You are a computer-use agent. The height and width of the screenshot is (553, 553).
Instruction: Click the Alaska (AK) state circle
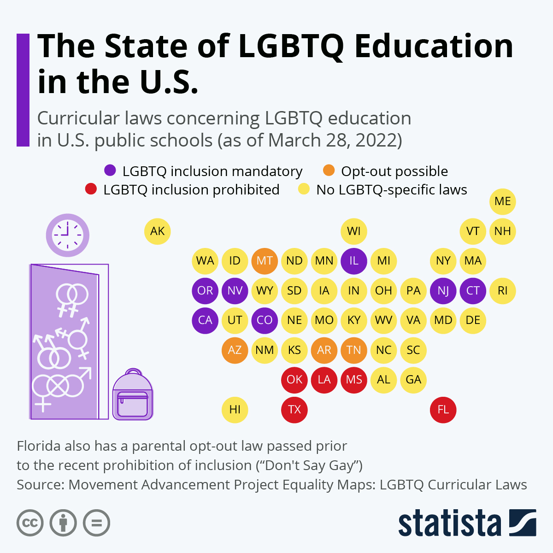pos(158,231)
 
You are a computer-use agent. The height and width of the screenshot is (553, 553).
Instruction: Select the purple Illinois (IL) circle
pos(354,261)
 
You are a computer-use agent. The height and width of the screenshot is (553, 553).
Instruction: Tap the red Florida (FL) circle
pos(443,410)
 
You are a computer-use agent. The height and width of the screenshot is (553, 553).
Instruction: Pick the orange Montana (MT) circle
pos(265,261)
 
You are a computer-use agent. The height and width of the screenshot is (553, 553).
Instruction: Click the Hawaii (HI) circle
pos(235,410)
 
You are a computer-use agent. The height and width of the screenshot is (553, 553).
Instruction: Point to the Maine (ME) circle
pos(502,201)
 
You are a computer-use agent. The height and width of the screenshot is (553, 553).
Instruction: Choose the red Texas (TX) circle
pos(294,410)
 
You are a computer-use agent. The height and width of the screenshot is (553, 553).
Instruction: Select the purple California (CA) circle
pos(205,320)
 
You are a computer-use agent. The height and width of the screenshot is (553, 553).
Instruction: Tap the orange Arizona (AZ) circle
pos(235,350)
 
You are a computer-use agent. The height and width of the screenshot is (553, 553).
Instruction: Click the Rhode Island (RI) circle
pos(502,291)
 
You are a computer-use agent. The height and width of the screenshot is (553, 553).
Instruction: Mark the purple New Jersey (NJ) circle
pos(443,291)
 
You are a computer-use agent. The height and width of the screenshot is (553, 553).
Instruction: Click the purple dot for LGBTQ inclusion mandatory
pos(110,171)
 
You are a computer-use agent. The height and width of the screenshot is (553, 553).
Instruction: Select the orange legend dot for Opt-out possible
pos(329,171)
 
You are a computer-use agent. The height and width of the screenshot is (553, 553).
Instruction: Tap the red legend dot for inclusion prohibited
pos(91,189)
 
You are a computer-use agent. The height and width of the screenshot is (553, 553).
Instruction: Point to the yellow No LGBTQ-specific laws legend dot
pos(304,189)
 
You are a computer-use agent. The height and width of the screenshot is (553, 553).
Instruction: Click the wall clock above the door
pos(67,235)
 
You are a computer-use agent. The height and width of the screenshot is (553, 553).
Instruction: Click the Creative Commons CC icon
pos(30,523)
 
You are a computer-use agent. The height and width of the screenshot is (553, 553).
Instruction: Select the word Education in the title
pos(434,46)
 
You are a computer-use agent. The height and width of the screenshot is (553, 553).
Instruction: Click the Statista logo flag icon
pos(523,523)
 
